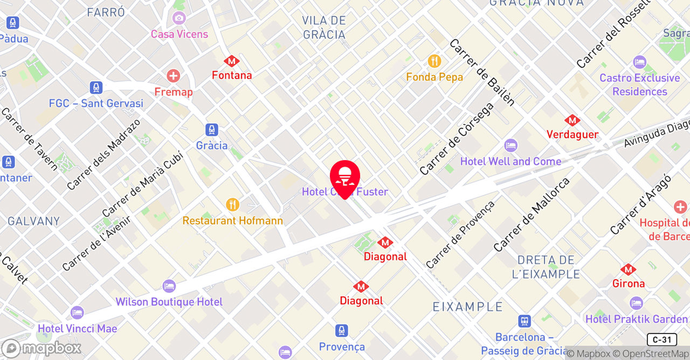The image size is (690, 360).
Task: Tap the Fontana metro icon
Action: pyautogui.click(x=232, y=61)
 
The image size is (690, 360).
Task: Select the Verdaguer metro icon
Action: pyautogui.click(x=572, y=120)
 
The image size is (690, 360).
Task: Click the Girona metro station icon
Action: pyautogui.click(x=628, y=269)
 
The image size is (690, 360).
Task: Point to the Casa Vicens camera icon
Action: pyautogui.click(x=179, y=18)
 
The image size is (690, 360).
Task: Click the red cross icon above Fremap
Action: pyautogui.click(x=173, y=76)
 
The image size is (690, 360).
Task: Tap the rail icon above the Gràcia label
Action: pyautogui.click(x=212, y=130)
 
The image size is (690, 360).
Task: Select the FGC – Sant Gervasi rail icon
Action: pyautogui.click(x=96, y=87)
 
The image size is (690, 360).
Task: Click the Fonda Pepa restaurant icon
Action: pyautogui.click(x=434, y=61)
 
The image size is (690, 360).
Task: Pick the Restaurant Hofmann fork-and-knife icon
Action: pyautogui.click(x=232, y=205)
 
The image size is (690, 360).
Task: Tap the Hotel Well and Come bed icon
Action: pyautogui.click(x=510, y=146)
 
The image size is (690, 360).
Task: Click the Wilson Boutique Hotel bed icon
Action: pyautogui.click(x=169, y=286)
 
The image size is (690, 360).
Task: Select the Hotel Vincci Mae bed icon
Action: pyautogui.click(x=77, y=313)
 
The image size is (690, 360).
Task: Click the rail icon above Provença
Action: pyautogui.click(x=341, y=330)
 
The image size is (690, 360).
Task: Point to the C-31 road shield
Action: pyautogui.click(x=661, y=340)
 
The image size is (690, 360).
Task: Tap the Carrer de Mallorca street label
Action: pyautogui.click(x=532, y=214)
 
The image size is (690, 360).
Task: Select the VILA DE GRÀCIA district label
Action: pyautogui.click(x=323, y=27)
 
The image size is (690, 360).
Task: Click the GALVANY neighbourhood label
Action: pyautogui.click(x=33, y=221)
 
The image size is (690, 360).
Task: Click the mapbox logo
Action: pyautogui.click(x=41, y=348)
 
